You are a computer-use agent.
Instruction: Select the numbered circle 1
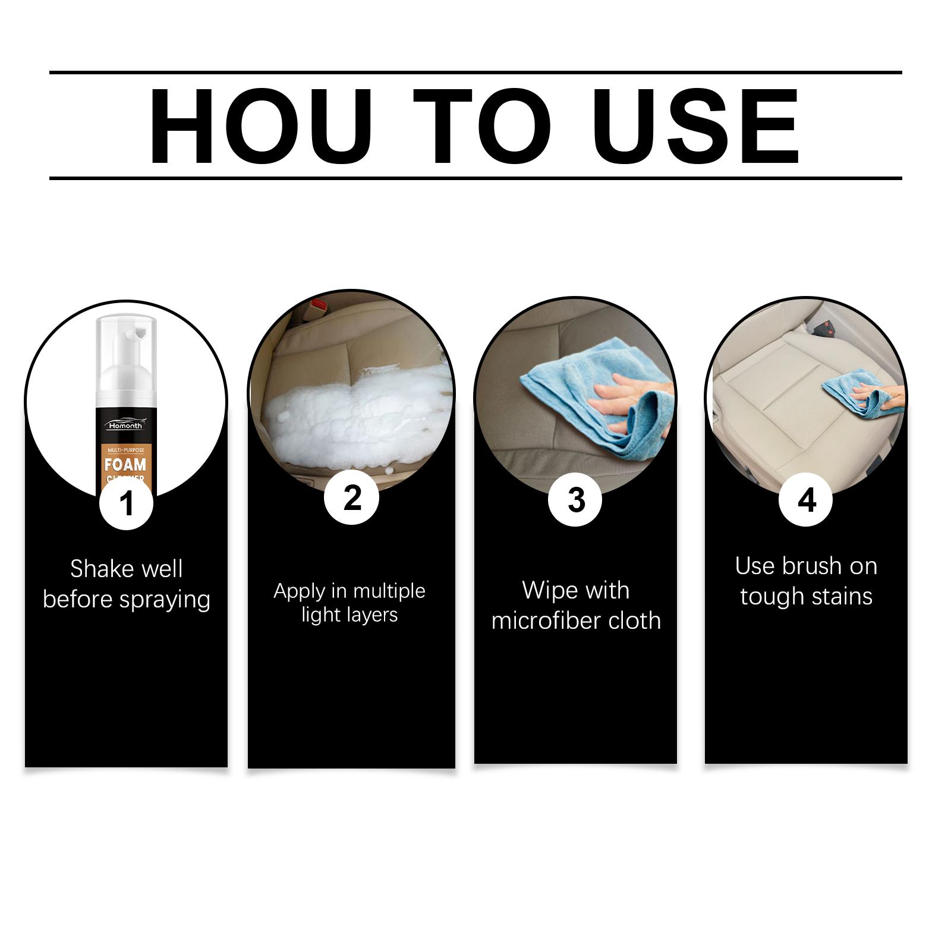[x=127, y=503]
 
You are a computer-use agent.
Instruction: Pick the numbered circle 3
[x=575, y=499]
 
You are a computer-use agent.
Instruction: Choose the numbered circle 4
[x=806, y=499]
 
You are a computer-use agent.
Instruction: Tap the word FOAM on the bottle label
[x=125, y=464]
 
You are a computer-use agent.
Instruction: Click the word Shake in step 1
[x=96, y=569]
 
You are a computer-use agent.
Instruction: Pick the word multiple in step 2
[x=389, y=591]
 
